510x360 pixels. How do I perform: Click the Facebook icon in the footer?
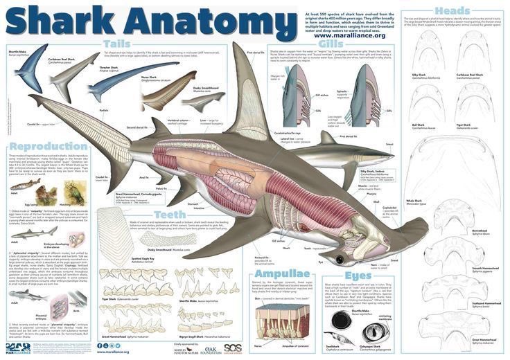point(100,345)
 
